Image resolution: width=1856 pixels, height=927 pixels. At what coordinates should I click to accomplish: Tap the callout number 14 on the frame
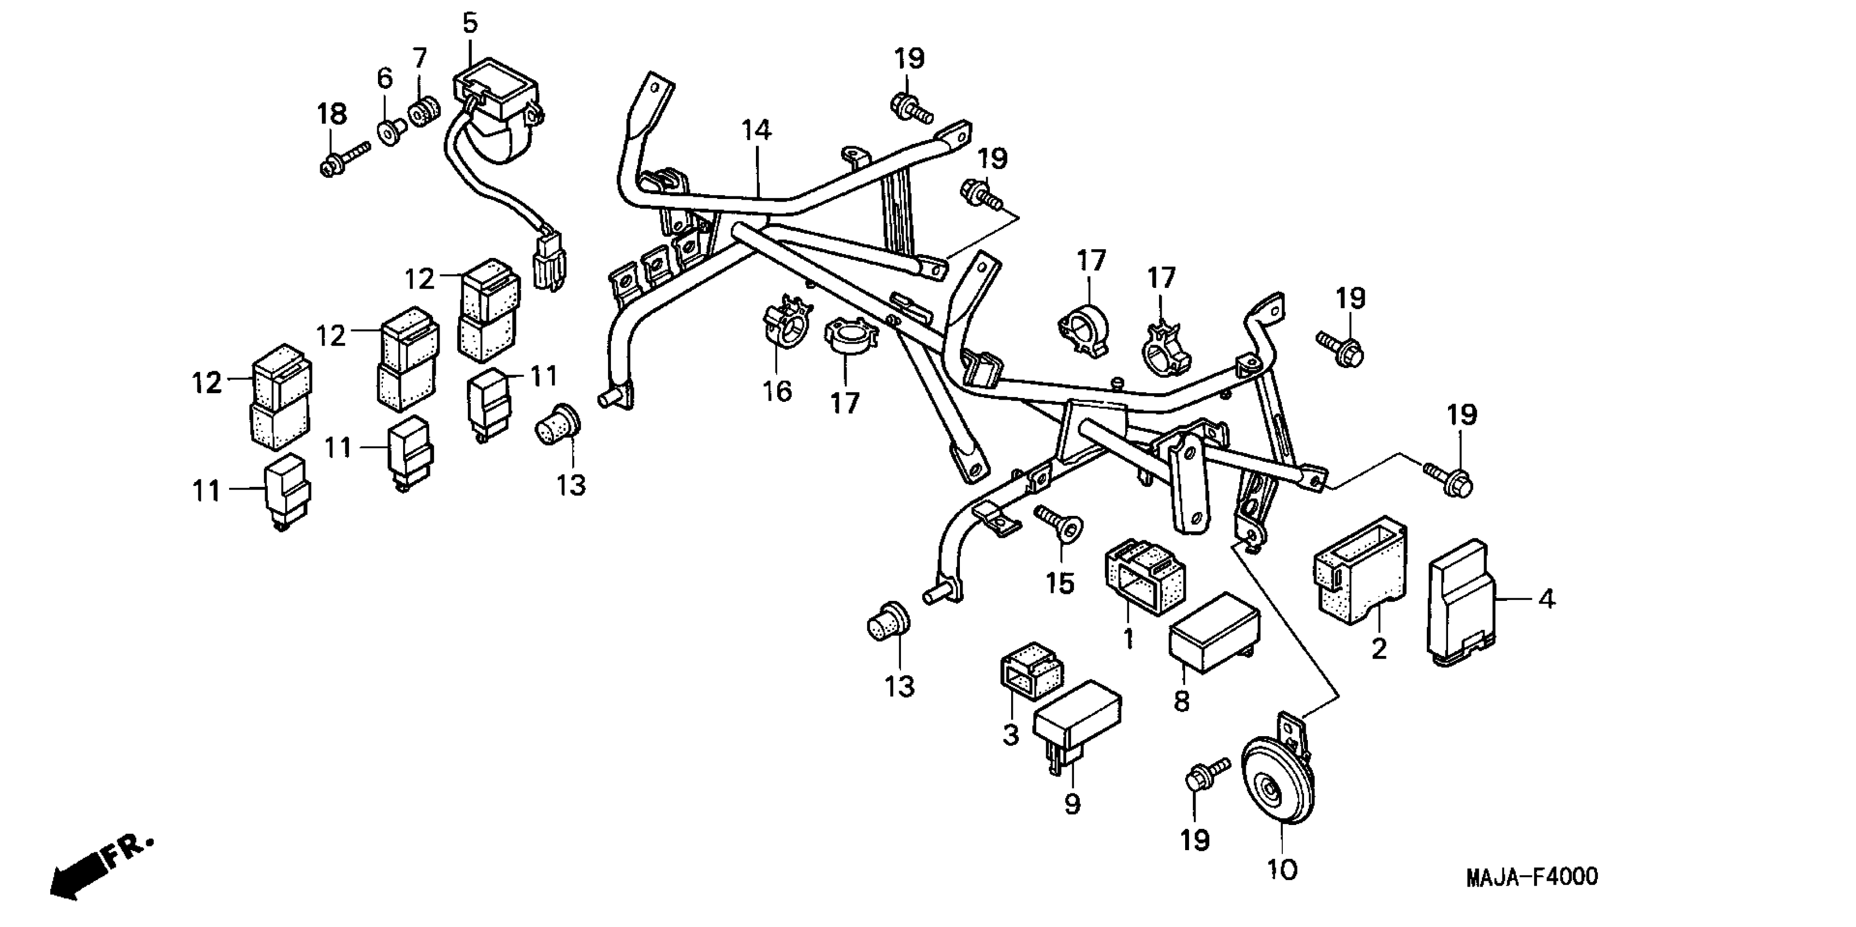pos(756,130)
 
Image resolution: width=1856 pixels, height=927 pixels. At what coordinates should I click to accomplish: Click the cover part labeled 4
pos(1459,604)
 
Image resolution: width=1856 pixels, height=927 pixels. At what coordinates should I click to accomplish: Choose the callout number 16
pos(777,392)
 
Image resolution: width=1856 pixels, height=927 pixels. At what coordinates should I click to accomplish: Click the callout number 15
pos(1060,583)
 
